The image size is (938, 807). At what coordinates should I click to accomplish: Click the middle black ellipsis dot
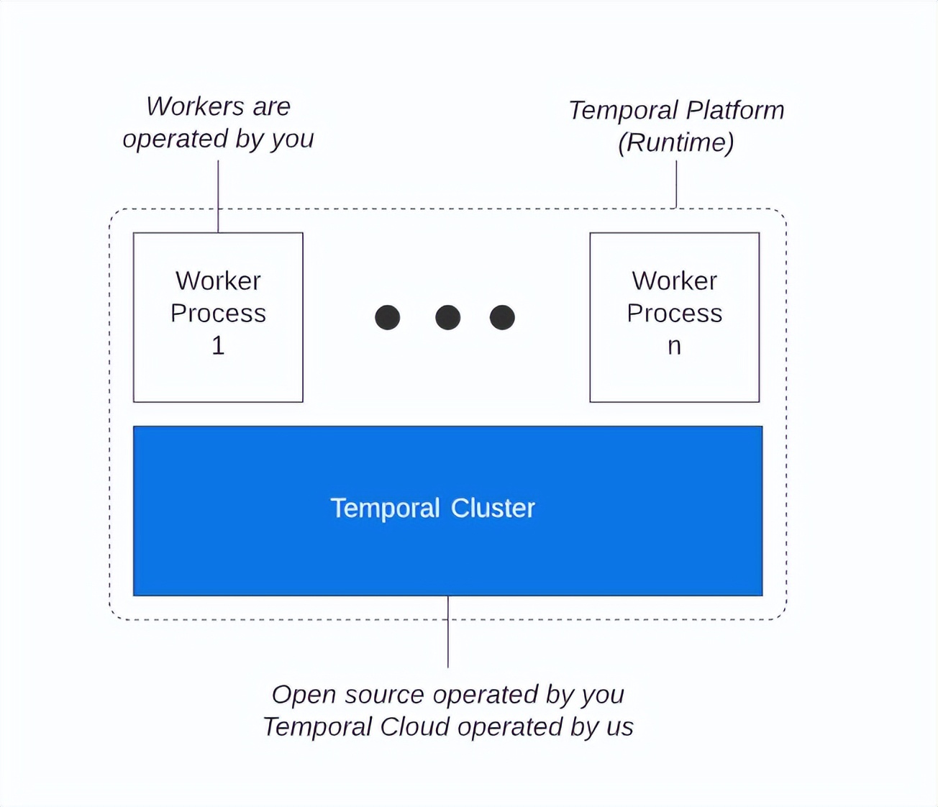point(447,317)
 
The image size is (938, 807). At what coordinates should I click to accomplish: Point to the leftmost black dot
point(388,317)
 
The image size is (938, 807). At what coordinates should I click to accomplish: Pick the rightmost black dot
point(502,317)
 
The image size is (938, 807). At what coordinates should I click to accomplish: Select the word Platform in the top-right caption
point(734,110)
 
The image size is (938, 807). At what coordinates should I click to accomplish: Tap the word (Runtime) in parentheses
point(675,142)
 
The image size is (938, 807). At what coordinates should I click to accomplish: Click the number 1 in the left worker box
point(218,346)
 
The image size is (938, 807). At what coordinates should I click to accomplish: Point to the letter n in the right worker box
point(674,347)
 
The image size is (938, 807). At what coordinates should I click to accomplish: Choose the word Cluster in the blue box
point(493,509)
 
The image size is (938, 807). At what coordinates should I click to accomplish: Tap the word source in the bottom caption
point(384,695)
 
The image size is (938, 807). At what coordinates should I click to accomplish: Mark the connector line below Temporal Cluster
point(448,633)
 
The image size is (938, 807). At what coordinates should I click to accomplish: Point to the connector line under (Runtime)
point(676,183)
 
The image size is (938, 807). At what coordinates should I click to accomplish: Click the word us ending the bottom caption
point(619,727)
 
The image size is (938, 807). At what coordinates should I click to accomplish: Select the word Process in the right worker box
point(674,314)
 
